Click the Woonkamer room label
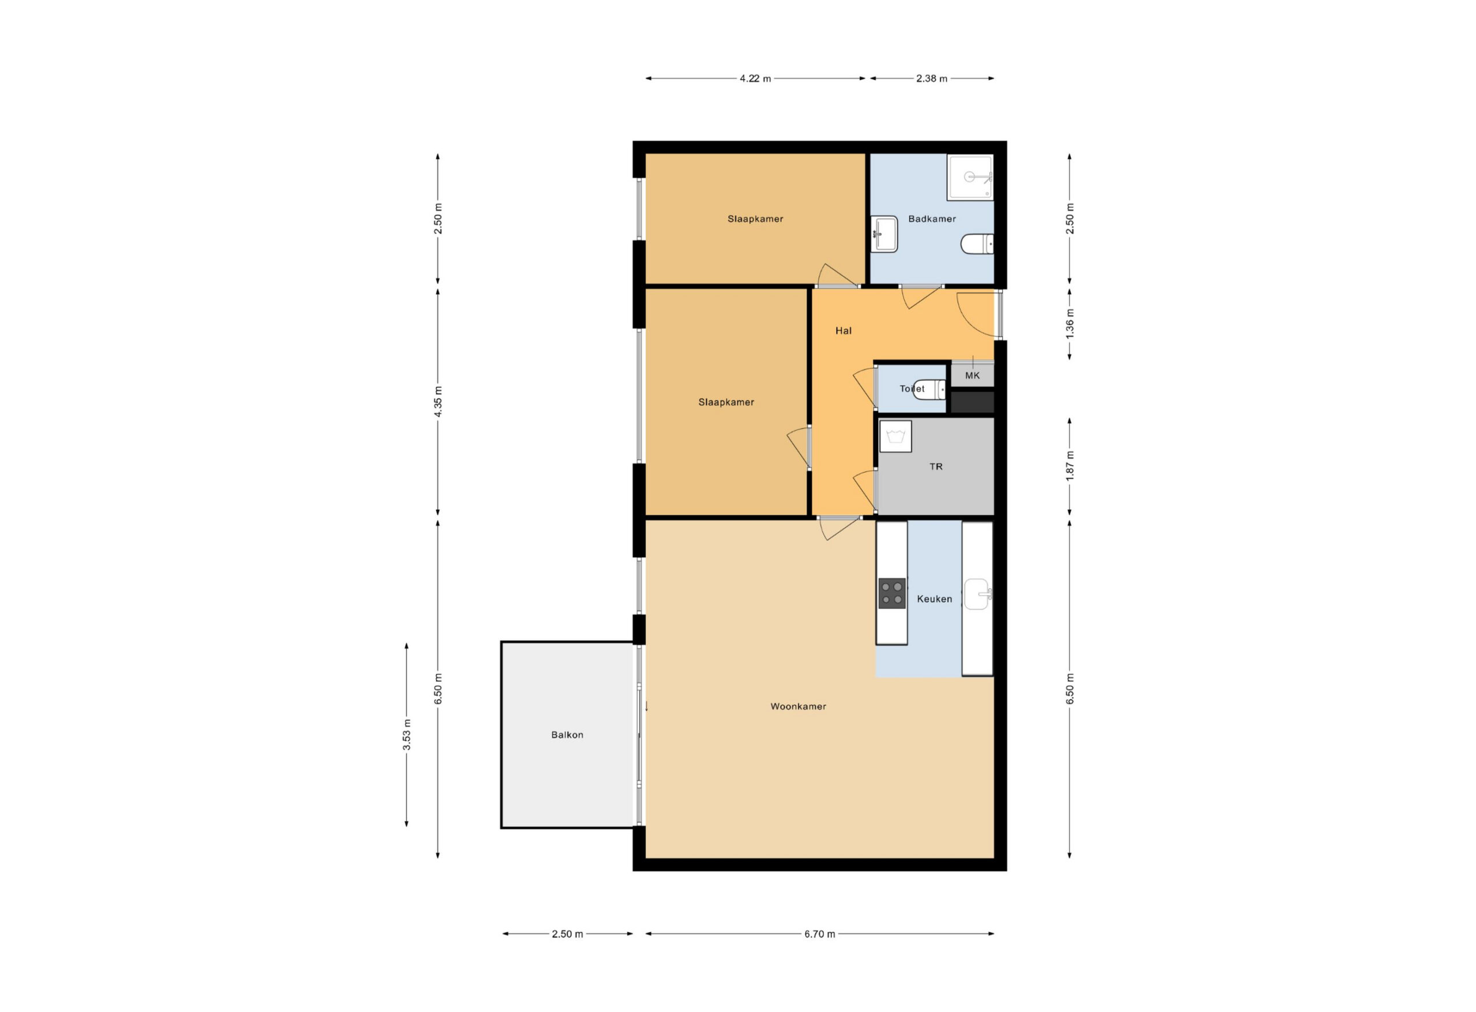click(x=799, y=706)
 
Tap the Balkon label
click(x=567, y=735)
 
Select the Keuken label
click(x=934, y=599)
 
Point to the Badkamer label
click(x=932, y=219)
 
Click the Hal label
click(x=844, y=331)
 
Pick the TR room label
click(x=936, y=467)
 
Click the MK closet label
click(x=972, y=376)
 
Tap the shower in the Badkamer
click(x=970, y=177)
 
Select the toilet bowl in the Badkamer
click(x=977, y=244)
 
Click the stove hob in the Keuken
click(x=892, y=593)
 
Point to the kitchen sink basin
click(x=977, y=594)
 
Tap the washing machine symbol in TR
click(x=895, y=437)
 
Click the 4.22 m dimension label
click(x=755, y=79)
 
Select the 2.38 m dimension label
click(x=932, y=79)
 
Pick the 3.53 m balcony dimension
click(x=407, y=735)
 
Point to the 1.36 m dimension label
click(x=1070, y=324)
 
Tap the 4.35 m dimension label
click(x=438, y=401)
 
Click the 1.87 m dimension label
click(x=1070, y=466)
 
